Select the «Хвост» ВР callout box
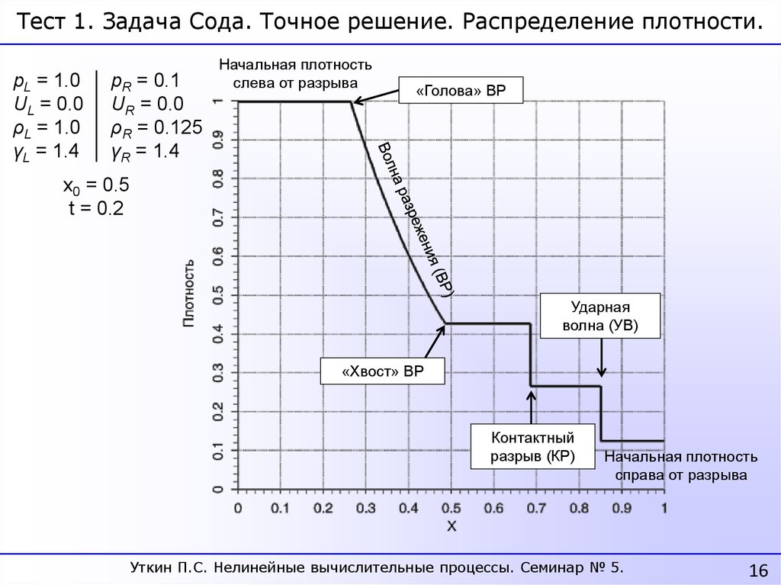click(382, 372)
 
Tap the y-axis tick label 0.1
click(217, 452)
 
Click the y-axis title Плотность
click(188, 294)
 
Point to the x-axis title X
click(451, 526)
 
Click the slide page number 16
click(758, 571)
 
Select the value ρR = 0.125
click(156, 127)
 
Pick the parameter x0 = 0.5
click(96, 186)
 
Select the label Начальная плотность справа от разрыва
click(681, 466)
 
